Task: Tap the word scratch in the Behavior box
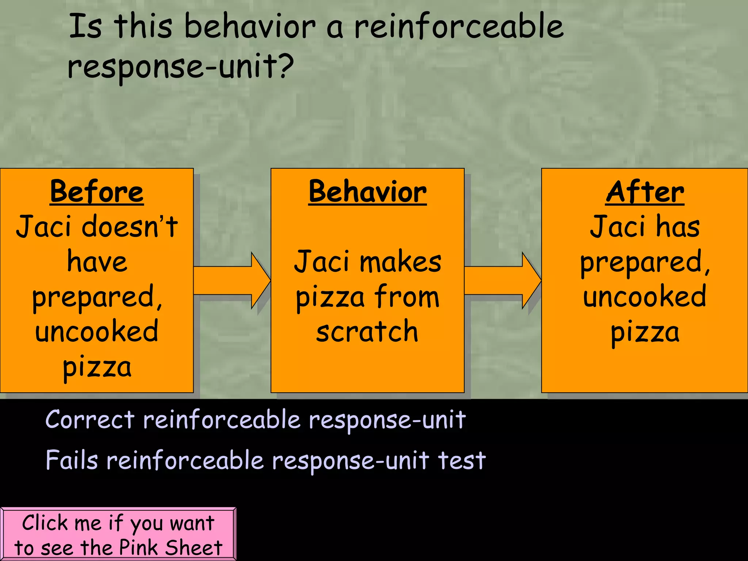[367, 331]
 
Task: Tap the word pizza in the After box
[645, 332]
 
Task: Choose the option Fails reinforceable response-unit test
[266, 460]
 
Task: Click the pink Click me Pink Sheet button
[118, 534]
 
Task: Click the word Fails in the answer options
[72, 460]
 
